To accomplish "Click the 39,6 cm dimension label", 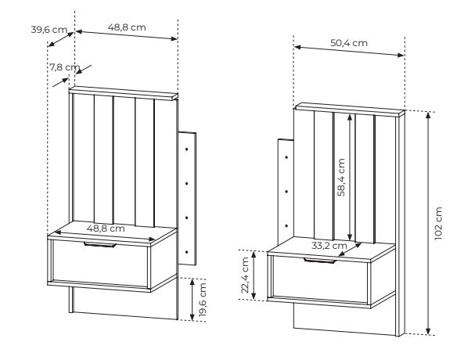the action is (x=49, y=30).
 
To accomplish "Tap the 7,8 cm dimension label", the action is (x=65, y=67).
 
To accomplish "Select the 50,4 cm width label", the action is (x=349, y=43).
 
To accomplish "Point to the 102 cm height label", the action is (x=438, y=224).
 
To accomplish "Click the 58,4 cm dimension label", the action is (x=341, y=178).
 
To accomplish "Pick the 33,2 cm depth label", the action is (x=329, y=246).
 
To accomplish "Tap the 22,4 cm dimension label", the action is (x=245, y=275).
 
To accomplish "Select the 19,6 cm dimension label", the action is (x=203, y=300).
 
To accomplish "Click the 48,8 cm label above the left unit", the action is (x=127, y=27).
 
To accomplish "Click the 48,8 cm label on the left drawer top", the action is (x=106, y=229).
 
